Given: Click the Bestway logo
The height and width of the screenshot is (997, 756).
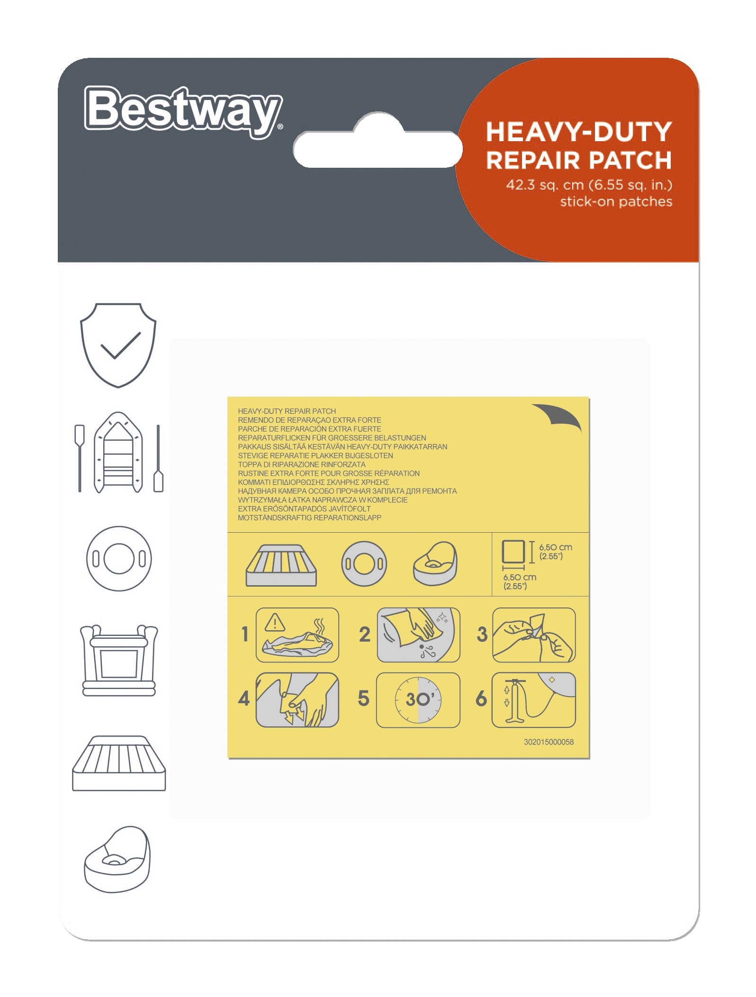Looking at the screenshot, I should click(183, 111).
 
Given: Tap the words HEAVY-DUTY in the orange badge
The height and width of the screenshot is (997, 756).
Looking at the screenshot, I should click(579, 132).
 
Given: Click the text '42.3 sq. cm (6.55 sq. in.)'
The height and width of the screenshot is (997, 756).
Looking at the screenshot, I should click(589, 184).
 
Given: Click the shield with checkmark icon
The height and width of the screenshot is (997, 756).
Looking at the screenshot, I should click(118, 345).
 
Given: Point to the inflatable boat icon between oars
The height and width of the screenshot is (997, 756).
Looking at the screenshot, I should click(118, 453).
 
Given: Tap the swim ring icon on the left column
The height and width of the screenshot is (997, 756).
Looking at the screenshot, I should click(119, 558).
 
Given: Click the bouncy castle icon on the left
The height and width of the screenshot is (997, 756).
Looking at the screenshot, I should click(119, 660).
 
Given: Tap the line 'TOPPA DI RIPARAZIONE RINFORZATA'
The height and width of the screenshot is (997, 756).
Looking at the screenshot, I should click(302, 464).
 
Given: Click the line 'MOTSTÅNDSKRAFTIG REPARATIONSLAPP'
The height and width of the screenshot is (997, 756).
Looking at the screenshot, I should click(309, 518).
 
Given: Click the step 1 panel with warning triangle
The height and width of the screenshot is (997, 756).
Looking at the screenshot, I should click(297, 635).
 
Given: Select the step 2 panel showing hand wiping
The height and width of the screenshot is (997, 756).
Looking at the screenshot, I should click(418, 635).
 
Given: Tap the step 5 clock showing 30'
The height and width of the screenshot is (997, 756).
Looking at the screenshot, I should click(418, 700).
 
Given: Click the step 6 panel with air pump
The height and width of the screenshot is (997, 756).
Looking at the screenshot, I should click(534, 700).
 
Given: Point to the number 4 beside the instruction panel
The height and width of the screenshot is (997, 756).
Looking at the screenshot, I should click(244, 698).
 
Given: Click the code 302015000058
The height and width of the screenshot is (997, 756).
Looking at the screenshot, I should click(549, 742).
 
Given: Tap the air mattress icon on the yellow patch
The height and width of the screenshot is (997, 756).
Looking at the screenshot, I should click(281, 565).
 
